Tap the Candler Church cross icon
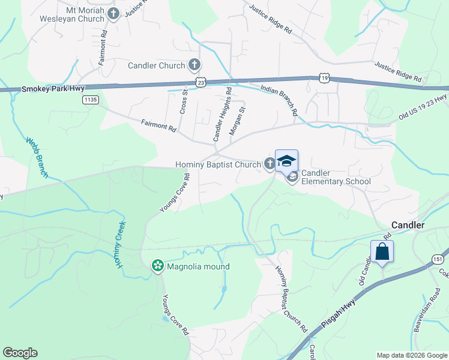tap(194, 65)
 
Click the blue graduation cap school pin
tap(286, 161)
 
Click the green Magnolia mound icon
tap(158, 266)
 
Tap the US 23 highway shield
tap(200, 82)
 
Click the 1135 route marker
tap(91, 100)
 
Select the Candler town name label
tap(408, 225)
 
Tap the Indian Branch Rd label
tap(279, 100)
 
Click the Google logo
tap(20, 353)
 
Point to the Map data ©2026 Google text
tap(411, 355)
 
